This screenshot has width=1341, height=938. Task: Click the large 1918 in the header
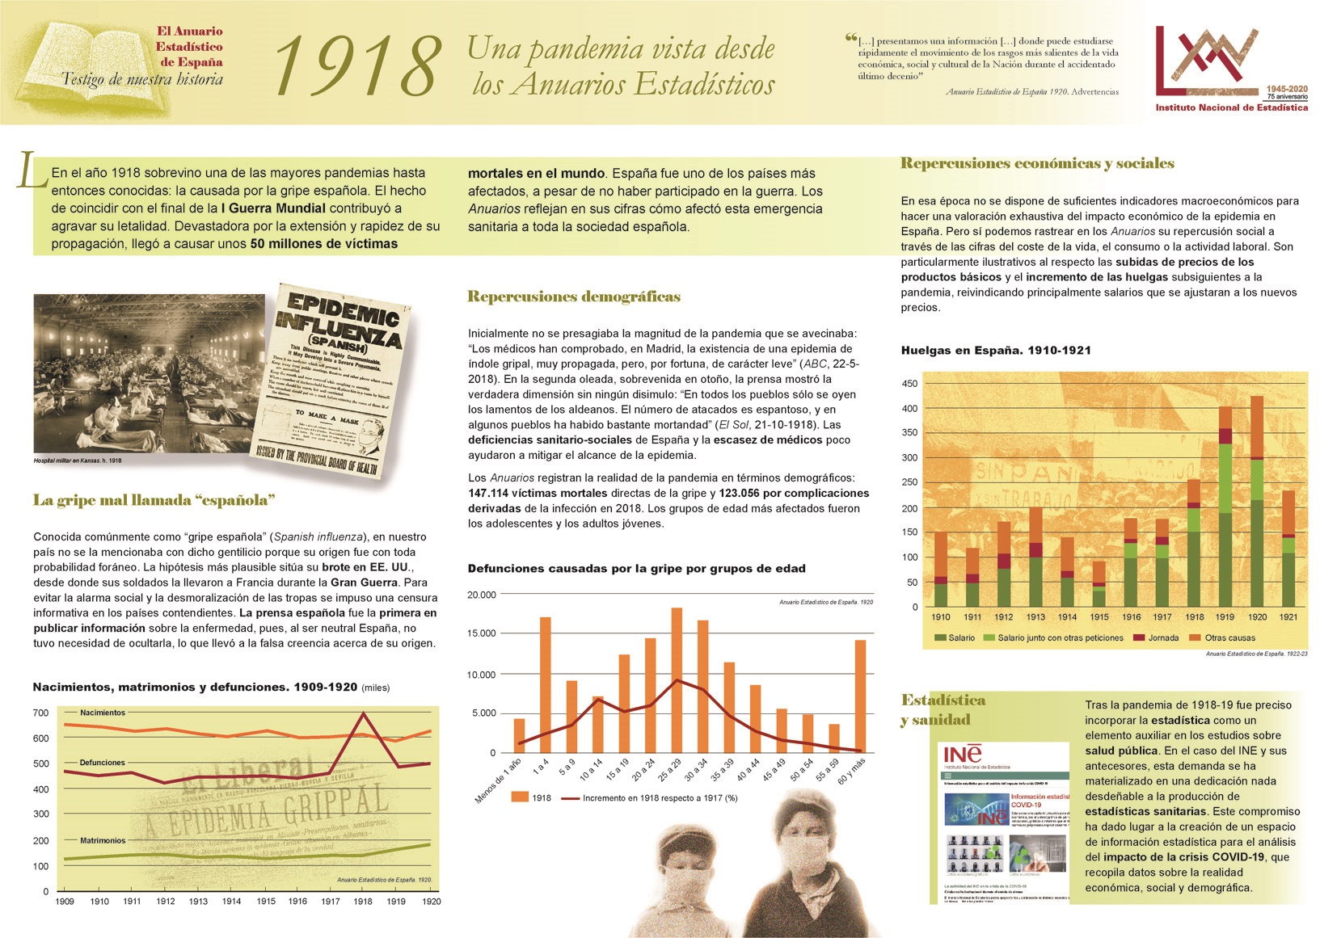pyautogui.click(x=357, y=66)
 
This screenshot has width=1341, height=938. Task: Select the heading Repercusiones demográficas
pyautogui.click(x=574, y=297)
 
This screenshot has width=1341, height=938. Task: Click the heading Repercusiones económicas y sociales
pyautogui.click(x=1037, y=163)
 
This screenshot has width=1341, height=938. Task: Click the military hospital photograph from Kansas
pyautogui.click(x=149, y=372)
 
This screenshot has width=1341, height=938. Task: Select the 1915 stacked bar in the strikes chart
pyautogui.click(x=1099, y=584)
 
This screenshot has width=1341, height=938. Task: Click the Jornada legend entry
pyautogui.click(x=1162, y=638)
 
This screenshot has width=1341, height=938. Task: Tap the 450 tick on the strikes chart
pyautogui.click(x=910, y=384)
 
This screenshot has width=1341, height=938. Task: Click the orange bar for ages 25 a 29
pyautogui.click(x=677, y=679)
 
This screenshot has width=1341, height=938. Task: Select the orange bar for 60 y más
pyautogui.click(x=860, y=696)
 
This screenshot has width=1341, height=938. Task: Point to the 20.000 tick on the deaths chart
pyautogui.click(x=482, y=595)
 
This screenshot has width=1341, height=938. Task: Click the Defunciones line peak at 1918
pyautogui.click(x=364, y=713)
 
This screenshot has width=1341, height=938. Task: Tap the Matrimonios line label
pyautogui.click(x=103, y=840)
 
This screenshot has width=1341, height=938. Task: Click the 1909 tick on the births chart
pyautogui.click(x=65, y=902)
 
